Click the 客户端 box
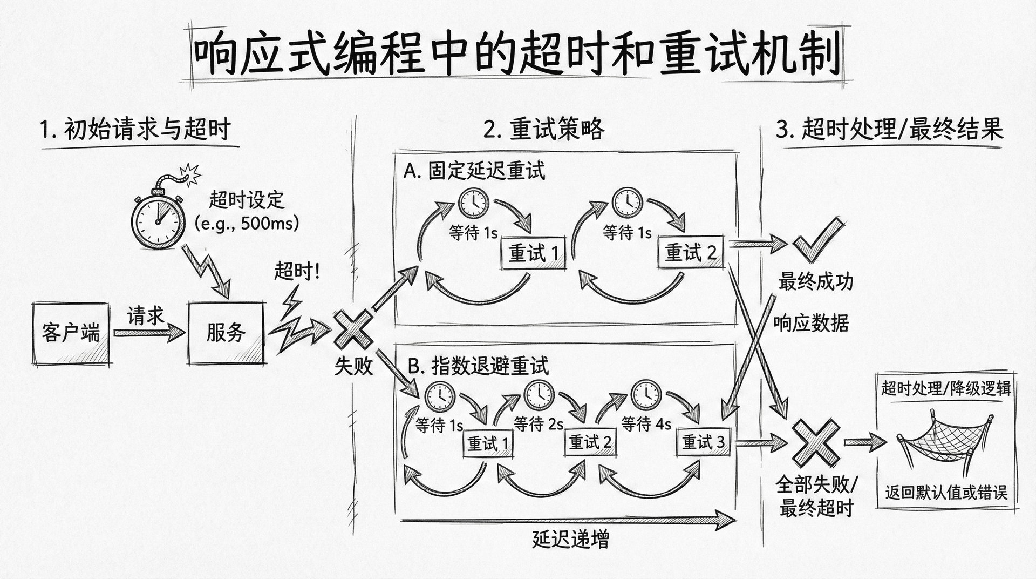tap(71, 333)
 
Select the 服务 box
tap(226, 333)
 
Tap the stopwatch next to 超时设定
tap(157, 219)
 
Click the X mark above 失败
tap(353, 329)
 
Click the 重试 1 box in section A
tap(534, 253)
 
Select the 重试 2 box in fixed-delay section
tap(690, 252)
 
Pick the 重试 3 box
tap(703, 442)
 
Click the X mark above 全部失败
tap(815, 443)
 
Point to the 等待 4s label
tap(646, 424)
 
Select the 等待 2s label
tap(539, 424)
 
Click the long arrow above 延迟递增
tap(567, 520)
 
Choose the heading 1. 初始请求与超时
tap(135, 130)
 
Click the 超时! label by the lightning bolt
tap(296, 271)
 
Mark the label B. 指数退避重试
tap(478, 366)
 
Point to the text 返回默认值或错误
tap(946, 493)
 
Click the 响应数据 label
tap(810, 323)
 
